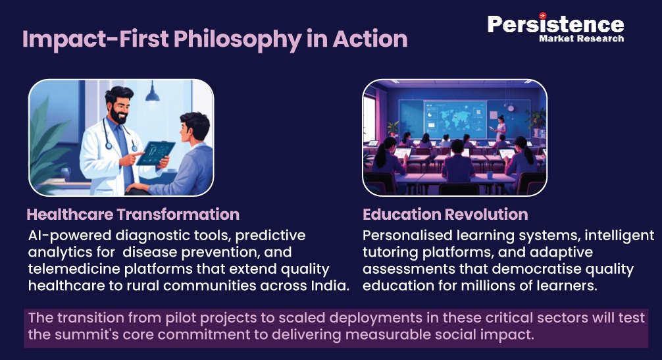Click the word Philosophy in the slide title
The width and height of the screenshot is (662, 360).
238,39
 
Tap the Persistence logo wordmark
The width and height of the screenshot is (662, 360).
555,24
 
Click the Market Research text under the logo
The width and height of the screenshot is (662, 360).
581,38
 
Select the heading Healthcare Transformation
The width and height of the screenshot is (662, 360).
133,215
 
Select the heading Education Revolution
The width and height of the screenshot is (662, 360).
445,215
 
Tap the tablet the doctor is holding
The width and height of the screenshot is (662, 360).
155,153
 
